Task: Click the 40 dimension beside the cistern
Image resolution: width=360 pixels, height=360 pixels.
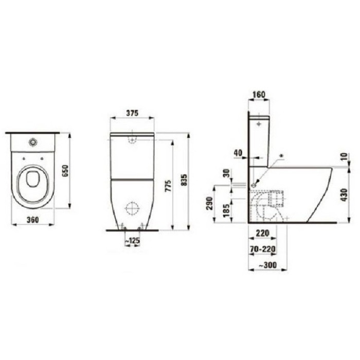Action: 237,153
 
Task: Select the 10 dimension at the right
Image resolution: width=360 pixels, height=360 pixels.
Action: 344,156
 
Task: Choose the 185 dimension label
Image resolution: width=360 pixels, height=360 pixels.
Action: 225,209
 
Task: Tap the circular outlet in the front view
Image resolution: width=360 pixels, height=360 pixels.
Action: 133,208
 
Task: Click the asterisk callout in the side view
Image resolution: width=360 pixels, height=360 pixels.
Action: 280,155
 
